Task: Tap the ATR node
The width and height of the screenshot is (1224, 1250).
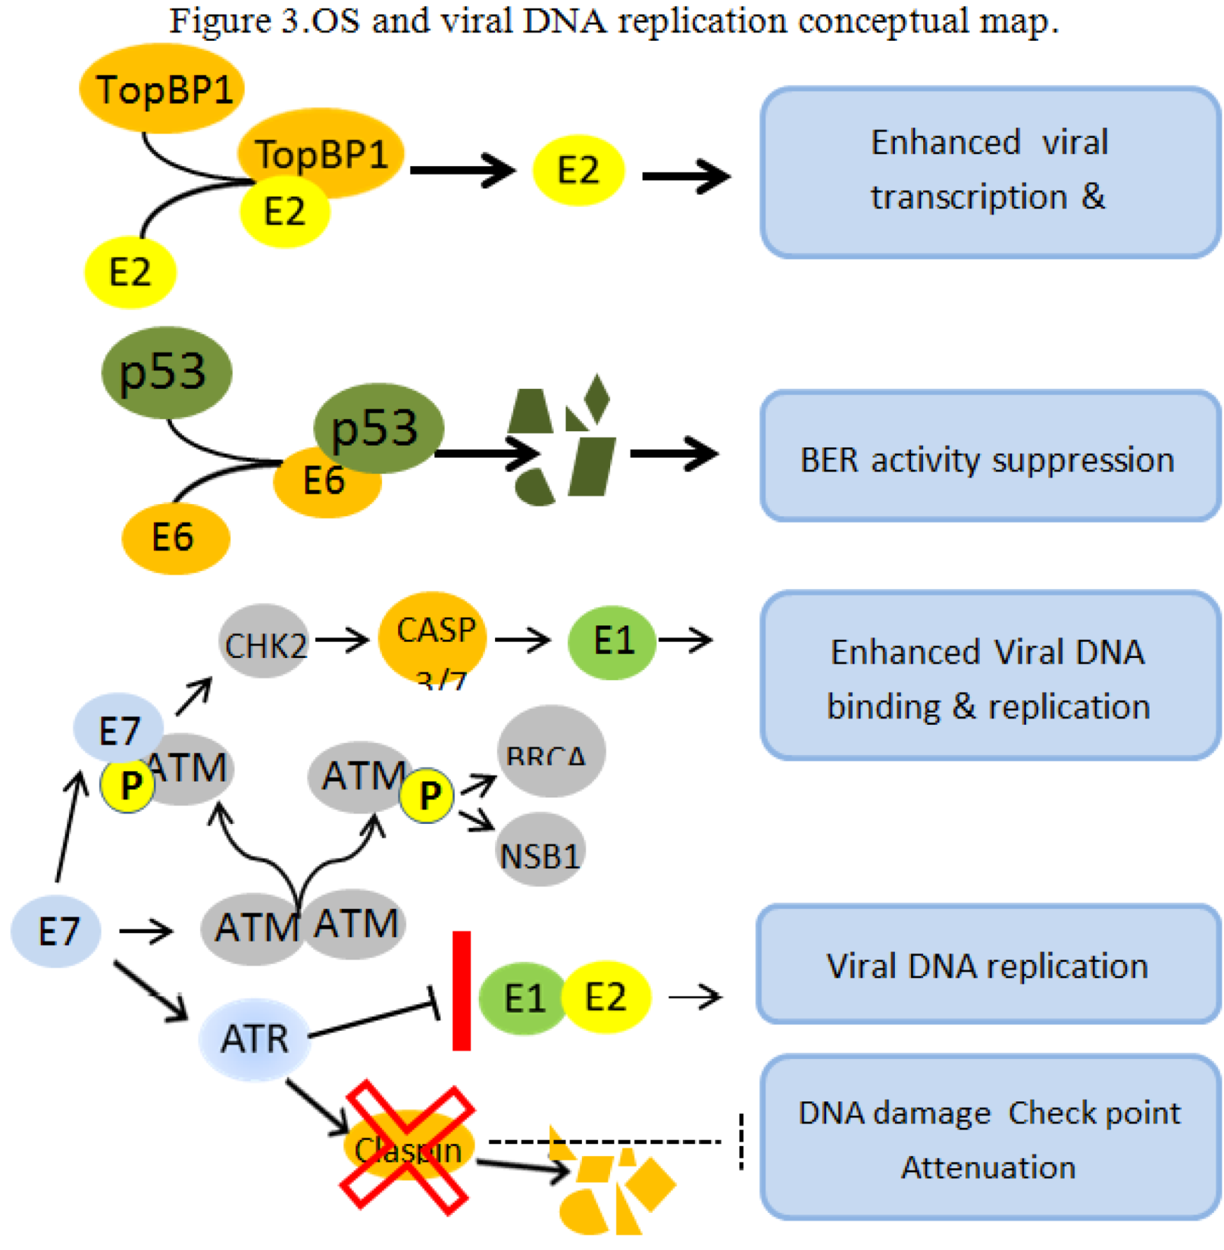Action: (x=255, y=1039)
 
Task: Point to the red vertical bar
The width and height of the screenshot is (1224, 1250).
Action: (x=461, y=991)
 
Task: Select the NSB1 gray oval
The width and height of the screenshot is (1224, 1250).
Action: (x=540, y=851)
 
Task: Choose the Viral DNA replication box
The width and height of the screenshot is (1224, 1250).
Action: (x=988, y=965)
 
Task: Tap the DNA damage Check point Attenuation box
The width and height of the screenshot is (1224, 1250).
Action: (x=989, y=1138)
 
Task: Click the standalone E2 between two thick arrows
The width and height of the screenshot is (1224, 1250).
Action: (x=578, y=171)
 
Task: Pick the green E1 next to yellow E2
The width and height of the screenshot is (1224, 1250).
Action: (x=524, y=998)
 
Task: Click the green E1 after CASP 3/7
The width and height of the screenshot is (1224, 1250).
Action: (x=612, y=642)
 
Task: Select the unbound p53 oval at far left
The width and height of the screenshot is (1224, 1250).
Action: (x=166, y=372)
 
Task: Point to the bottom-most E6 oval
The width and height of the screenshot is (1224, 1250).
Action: (x=175, y=537)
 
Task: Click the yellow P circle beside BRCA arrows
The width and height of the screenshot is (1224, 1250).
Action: (x=427, y=796)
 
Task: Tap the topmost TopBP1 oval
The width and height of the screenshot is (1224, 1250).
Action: (x=161, y=89)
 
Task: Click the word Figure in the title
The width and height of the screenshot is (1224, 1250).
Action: (x=220, y=21)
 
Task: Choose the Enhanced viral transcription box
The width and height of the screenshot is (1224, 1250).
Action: (x=989, y=172)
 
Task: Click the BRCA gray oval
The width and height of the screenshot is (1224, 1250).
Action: (x=551, y=752)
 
